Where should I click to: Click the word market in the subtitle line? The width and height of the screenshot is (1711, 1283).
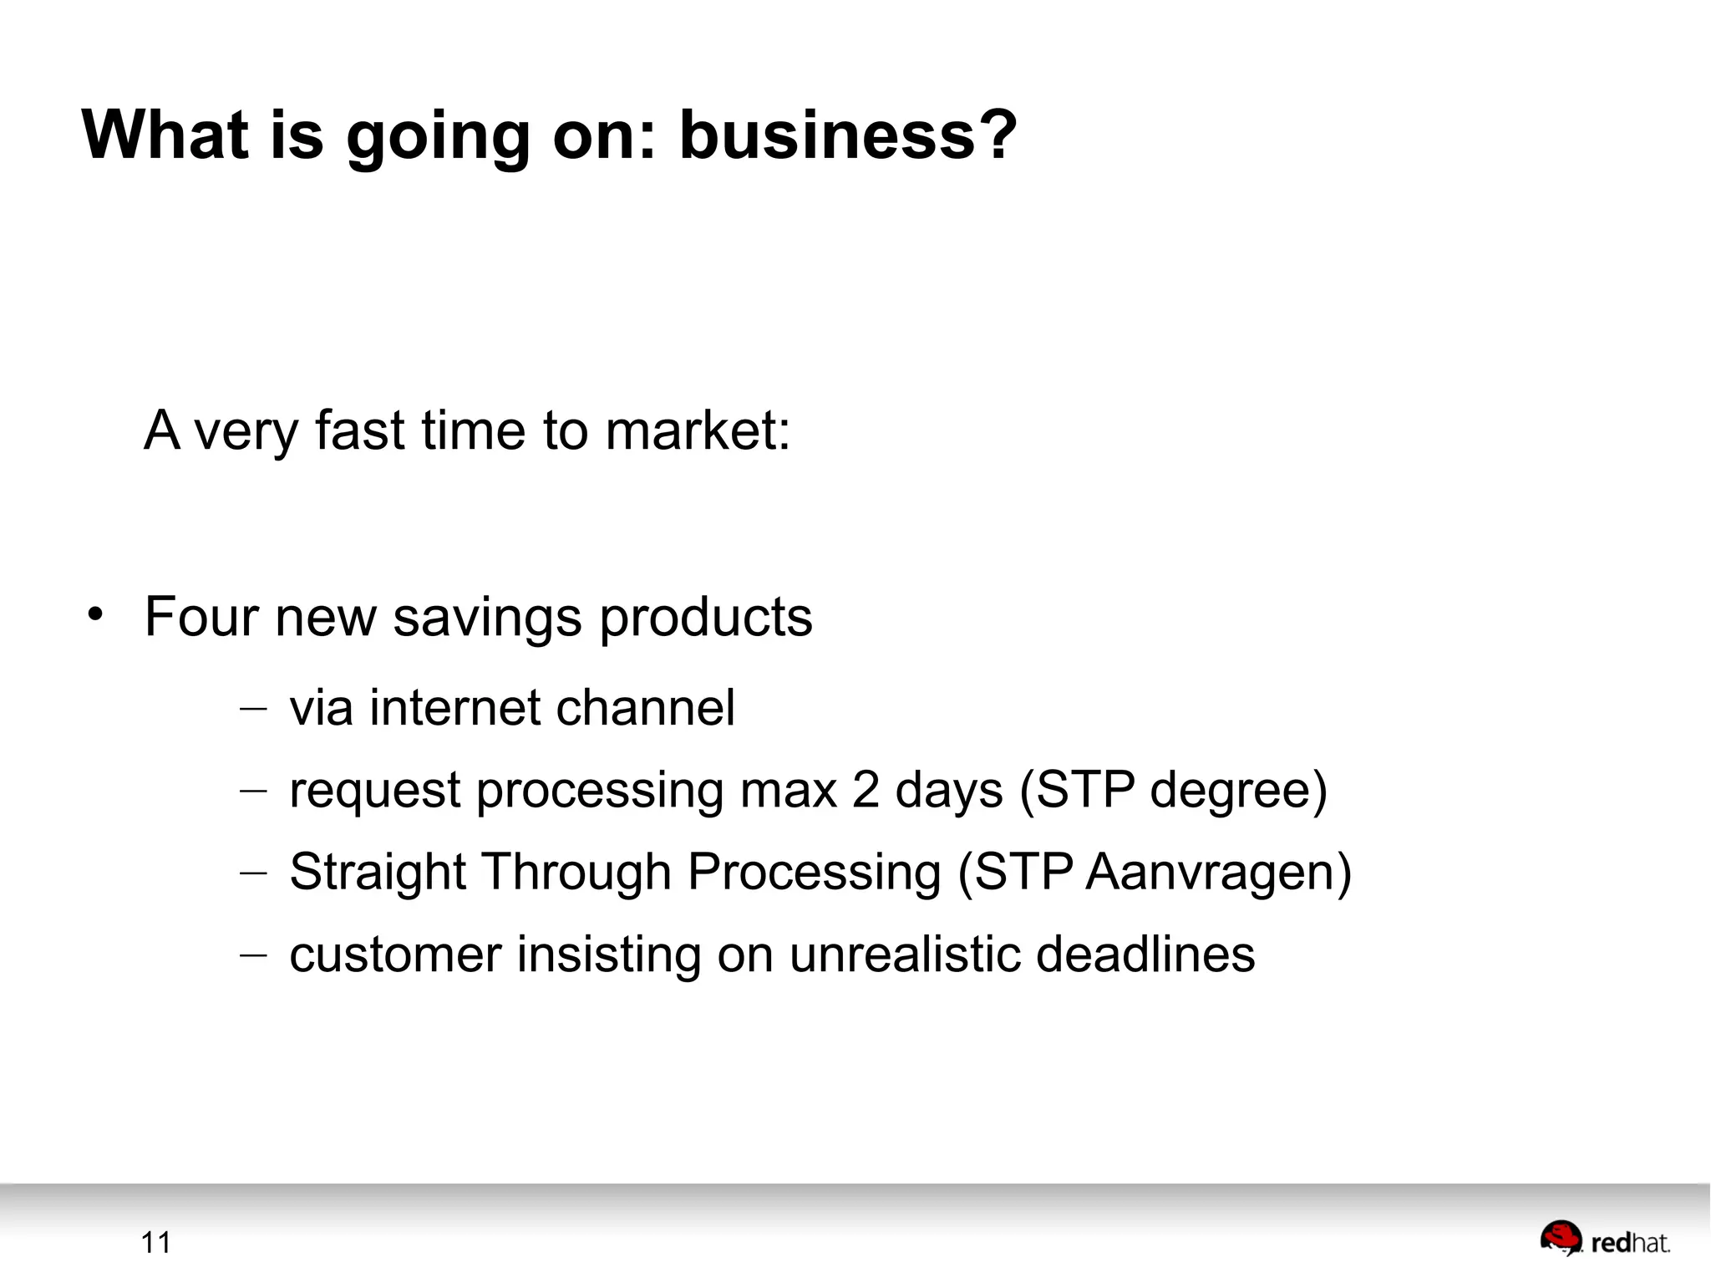pos(697,430)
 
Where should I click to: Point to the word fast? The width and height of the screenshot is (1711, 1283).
pos(359,430)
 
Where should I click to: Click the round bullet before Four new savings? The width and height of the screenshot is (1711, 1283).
pos(95,614)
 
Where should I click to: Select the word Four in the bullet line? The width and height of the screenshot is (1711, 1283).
pos(201,617)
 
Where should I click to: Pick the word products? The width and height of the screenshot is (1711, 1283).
pos(706,619)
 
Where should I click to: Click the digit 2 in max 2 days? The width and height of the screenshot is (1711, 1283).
pos(866,790)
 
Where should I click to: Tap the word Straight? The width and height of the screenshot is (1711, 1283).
pos(377,873)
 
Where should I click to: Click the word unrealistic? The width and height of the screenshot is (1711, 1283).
pos(905,954)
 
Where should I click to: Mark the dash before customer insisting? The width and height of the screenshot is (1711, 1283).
pos(252,955)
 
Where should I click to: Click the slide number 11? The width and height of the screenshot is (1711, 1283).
pos(156,1243)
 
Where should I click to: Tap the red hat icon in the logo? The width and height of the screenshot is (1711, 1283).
pos(1561,1238)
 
